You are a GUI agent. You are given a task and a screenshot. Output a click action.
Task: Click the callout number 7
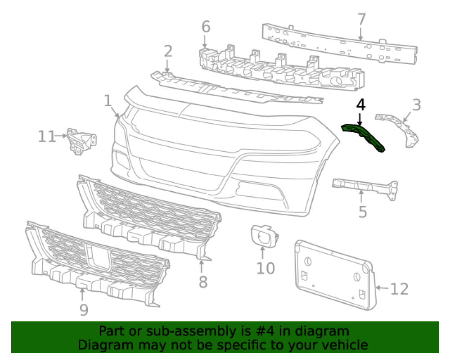[x=361, y=19]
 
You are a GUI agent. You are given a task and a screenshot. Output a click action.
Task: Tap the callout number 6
[x=206, y=27]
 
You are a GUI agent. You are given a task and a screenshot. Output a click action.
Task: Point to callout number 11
[x=47, y=136]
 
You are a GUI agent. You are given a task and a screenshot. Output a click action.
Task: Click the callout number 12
[x=399, y=289]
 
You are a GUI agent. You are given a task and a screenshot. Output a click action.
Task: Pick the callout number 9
[x=84, y=310]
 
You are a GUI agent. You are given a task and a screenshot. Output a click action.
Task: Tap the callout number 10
[x=265, y=268]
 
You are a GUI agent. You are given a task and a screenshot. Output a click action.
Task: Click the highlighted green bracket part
[x=363, y=137]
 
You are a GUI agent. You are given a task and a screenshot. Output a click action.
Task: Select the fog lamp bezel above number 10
[x=264, y=236]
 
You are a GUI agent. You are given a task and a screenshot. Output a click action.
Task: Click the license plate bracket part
[x=335, y=275]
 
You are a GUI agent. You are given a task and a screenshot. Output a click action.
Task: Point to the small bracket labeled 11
[x=81, y=141]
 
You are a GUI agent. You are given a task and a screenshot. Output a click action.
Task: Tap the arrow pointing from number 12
[x=382, y=288]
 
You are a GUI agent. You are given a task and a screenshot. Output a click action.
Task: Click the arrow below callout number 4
[x=360, y=119]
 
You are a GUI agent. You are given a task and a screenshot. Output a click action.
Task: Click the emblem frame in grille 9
[x=98, y=256]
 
